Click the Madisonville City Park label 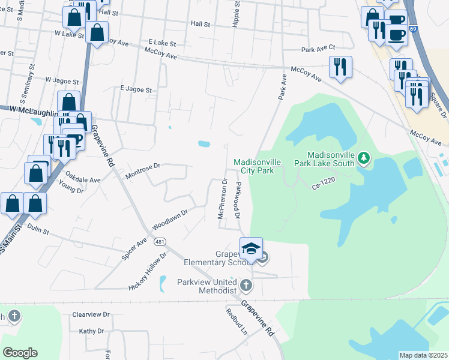253,166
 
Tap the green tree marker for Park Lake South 363,158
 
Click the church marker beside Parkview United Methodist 246,286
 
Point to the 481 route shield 159,241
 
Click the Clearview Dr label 91,314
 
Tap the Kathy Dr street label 91,331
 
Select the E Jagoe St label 136,89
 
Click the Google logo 20,353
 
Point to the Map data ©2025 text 423,355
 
